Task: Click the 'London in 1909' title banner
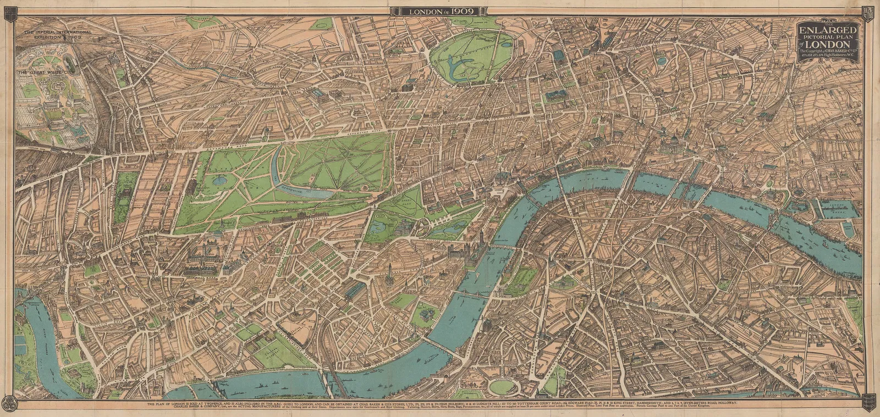439,11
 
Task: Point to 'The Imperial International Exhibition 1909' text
57,36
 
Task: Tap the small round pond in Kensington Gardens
219,179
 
